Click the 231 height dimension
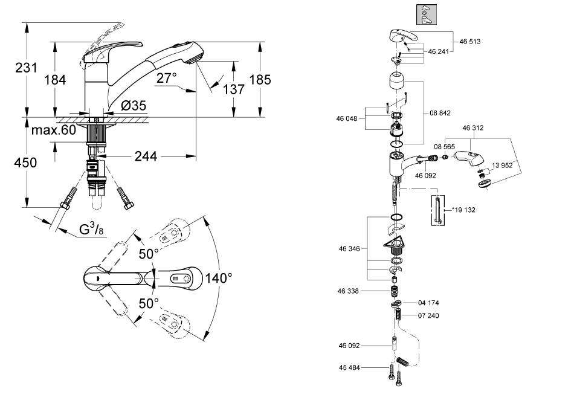[26, 68]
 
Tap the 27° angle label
[167, 77]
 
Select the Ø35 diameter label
[134, 106]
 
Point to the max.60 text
[54, 129]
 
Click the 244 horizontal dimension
[146, 156]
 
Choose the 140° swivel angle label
[219, 278]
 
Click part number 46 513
[469, 42]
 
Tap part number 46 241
[438, 51]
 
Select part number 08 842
[440, 113]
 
